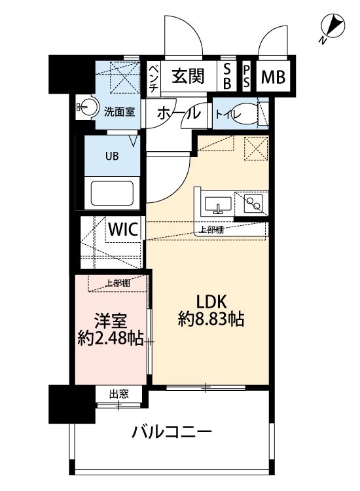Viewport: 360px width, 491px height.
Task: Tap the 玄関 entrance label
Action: (x=188, y=77)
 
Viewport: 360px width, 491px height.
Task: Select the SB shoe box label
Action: (x=227, y=77)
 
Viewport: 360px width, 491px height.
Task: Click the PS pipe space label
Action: (x=247, y=77)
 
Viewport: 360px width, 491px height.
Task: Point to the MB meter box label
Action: (x=273, y=77)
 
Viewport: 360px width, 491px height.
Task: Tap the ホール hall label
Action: (x=178, y=113)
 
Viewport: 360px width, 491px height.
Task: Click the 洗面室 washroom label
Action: (x=120, y=111)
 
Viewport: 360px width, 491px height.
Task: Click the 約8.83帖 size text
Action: (x=211, y=320)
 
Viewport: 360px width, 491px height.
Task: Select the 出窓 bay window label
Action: (x=118, y=393)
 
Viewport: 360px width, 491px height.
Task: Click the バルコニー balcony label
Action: (x=171, y=433)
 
